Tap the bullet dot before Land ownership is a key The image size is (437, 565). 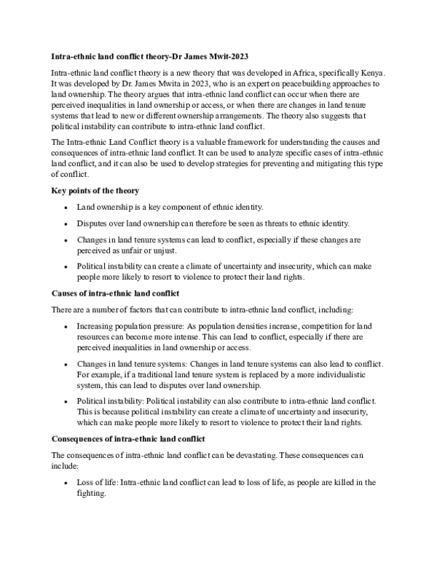[67, 208]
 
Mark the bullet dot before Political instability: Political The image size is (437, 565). [67, 401]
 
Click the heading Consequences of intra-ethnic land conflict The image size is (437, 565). [127, 439]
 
